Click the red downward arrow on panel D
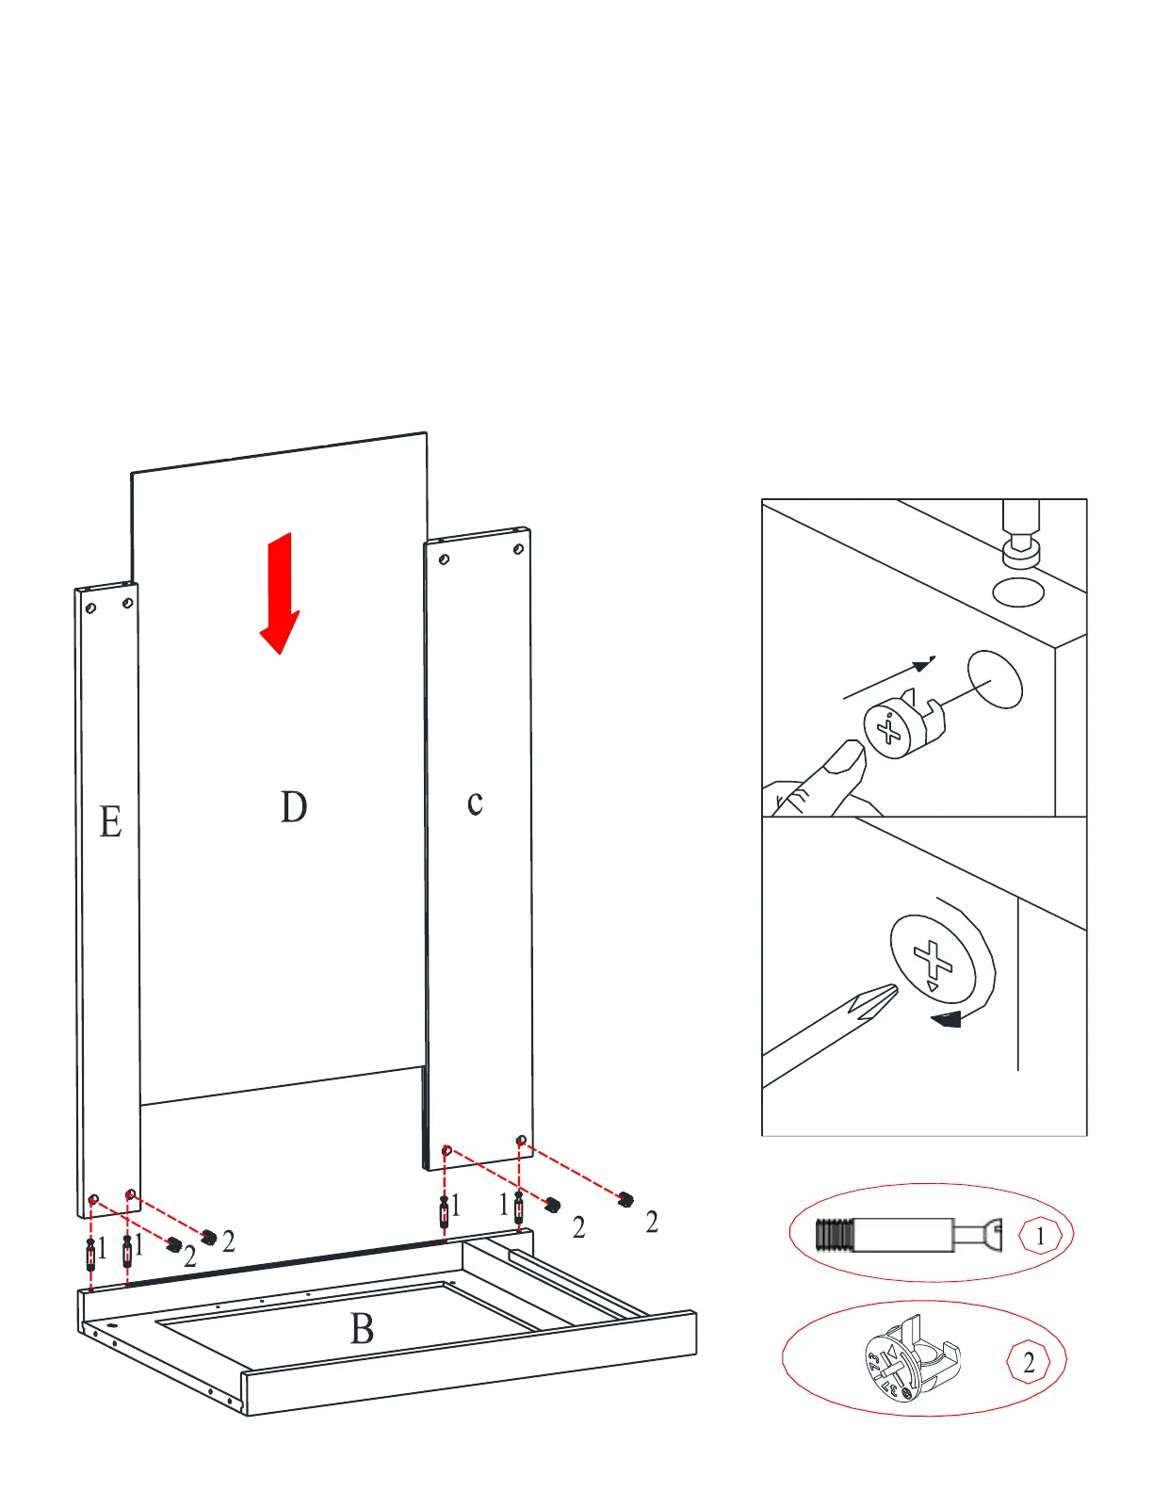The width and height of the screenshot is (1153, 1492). click(280, 593)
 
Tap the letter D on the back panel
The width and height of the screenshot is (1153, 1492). click(293, 807)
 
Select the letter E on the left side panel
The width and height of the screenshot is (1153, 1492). click(110, 821)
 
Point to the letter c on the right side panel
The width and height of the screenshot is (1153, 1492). click(475, 803)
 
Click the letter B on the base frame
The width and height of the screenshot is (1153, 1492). click(362, 1329)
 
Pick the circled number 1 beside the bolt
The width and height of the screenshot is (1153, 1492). click(1040, 1236)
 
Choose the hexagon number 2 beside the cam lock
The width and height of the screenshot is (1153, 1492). click(1029, 1362)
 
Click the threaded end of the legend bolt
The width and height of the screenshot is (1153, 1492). click(834, 1235)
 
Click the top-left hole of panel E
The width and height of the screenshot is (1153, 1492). click(90, 608)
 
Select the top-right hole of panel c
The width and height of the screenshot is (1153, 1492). click(517, 548)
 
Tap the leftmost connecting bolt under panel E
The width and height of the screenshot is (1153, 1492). click(90, 1253)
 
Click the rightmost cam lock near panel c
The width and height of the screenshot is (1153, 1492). click(625, 1199)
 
